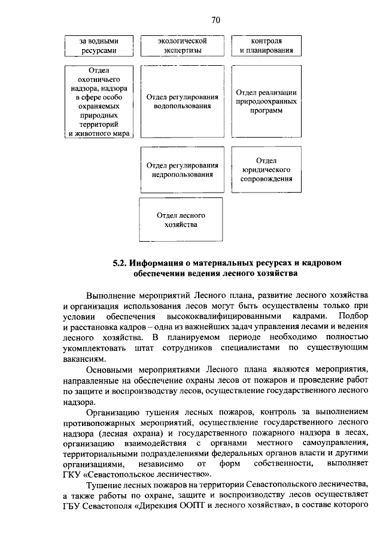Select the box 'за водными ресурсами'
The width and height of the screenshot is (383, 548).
[x=98, y=46]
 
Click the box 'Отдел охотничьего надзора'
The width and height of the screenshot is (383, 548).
[x=98, y=102]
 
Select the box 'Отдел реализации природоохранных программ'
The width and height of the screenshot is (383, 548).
[x=266, y=102]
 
